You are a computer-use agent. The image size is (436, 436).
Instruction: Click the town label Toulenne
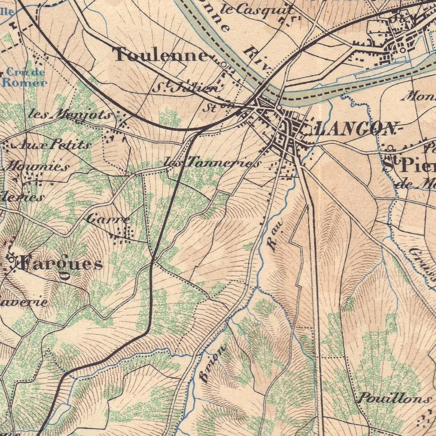click(162, 55)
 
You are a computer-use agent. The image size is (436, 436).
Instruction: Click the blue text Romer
click(24, 83)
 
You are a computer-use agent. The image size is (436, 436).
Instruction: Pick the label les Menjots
click(70, 115)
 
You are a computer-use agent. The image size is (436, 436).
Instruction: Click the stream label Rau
click(274, 235)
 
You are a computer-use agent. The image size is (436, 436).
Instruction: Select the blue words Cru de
click(25, 72)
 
